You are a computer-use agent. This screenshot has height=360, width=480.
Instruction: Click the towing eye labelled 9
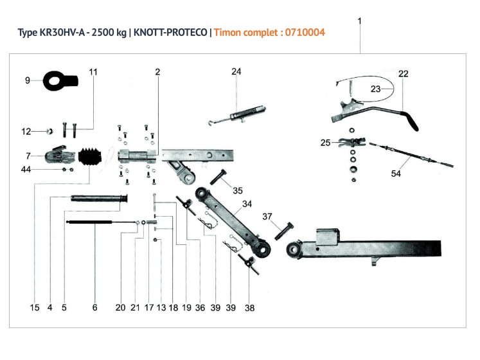tap(59, 81)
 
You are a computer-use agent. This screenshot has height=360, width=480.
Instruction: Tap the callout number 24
tap(236, 71)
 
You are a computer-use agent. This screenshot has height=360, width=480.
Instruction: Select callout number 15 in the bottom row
tap(35, 308)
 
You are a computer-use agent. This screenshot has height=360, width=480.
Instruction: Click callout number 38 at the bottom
tap(249, 308)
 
